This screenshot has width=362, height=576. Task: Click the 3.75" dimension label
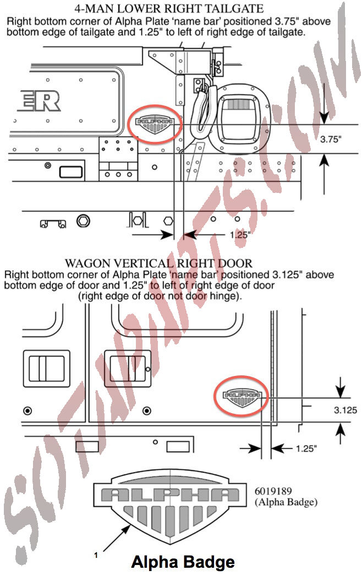pos(331,139)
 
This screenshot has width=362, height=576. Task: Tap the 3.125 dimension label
pos(345,410)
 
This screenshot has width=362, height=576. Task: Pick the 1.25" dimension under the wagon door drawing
pos(306,448)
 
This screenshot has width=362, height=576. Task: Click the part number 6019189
pos(273,491)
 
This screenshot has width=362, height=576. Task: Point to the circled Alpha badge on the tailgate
pos(155,125)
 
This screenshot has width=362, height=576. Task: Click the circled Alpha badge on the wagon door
pos(242,396)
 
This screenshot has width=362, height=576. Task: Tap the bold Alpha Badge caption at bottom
pos(183,562)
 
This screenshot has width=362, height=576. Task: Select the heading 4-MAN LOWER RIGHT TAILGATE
pos(169,8)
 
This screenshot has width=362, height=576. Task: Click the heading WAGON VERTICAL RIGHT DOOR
pos(158,263)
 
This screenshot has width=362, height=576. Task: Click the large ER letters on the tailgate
pos(39,101)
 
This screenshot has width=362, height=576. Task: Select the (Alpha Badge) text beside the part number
pos(286,502)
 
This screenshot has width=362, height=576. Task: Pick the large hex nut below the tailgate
pos(83,221)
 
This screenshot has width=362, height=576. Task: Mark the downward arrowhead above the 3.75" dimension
pos(323,118)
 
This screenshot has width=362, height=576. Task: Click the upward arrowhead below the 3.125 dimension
pos(341,428)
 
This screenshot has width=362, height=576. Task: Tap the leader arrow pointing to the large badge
pos(117,538)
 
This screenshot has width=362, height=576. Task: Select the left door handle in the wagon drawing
pos(46,368)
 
